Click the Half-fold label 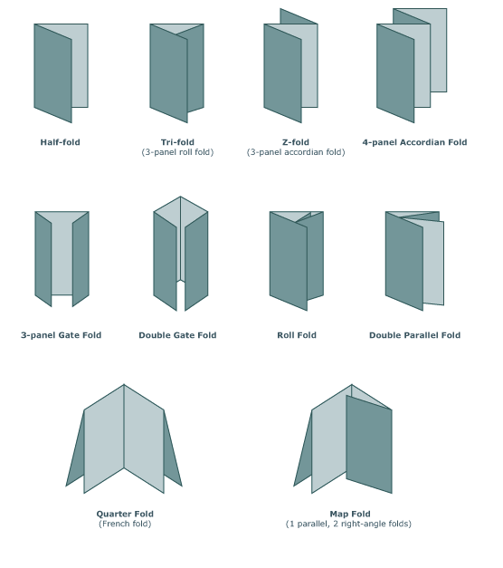[x=60, y=142]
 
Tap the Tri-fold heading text [x=177, y=142]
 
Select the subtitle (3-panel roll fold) [x=177, y=152]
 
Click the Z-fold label [x=296, y=142]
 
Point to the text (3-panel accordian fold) [x=296, y=152]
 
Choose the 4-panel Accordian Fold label [x=414, y=142]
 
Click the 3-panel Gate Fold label [x=62, y=335]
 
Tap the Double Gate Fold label [x=177, y=335]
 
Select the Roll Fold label [x=297, y=335]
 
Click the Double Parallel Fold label [x=414, y=335]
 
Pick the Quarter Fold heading [x=125, y=514]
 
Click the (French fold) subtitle [x=125, y=524]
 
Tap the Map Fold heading [x=350, y=514]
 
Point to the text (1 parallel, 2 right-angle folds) [x=348, y=524]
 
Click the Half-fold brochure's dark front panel [x=52, y=73]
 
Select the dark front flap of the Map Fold [x=369, y=444]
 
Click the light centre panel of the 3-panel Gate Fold [x=62, y=258]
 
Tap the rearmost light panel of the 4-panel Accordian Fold [x=438, y=51]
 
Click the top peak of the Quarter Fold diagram [x=124, y=384]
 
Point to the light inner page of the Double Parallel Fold [x=433, y=263]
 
